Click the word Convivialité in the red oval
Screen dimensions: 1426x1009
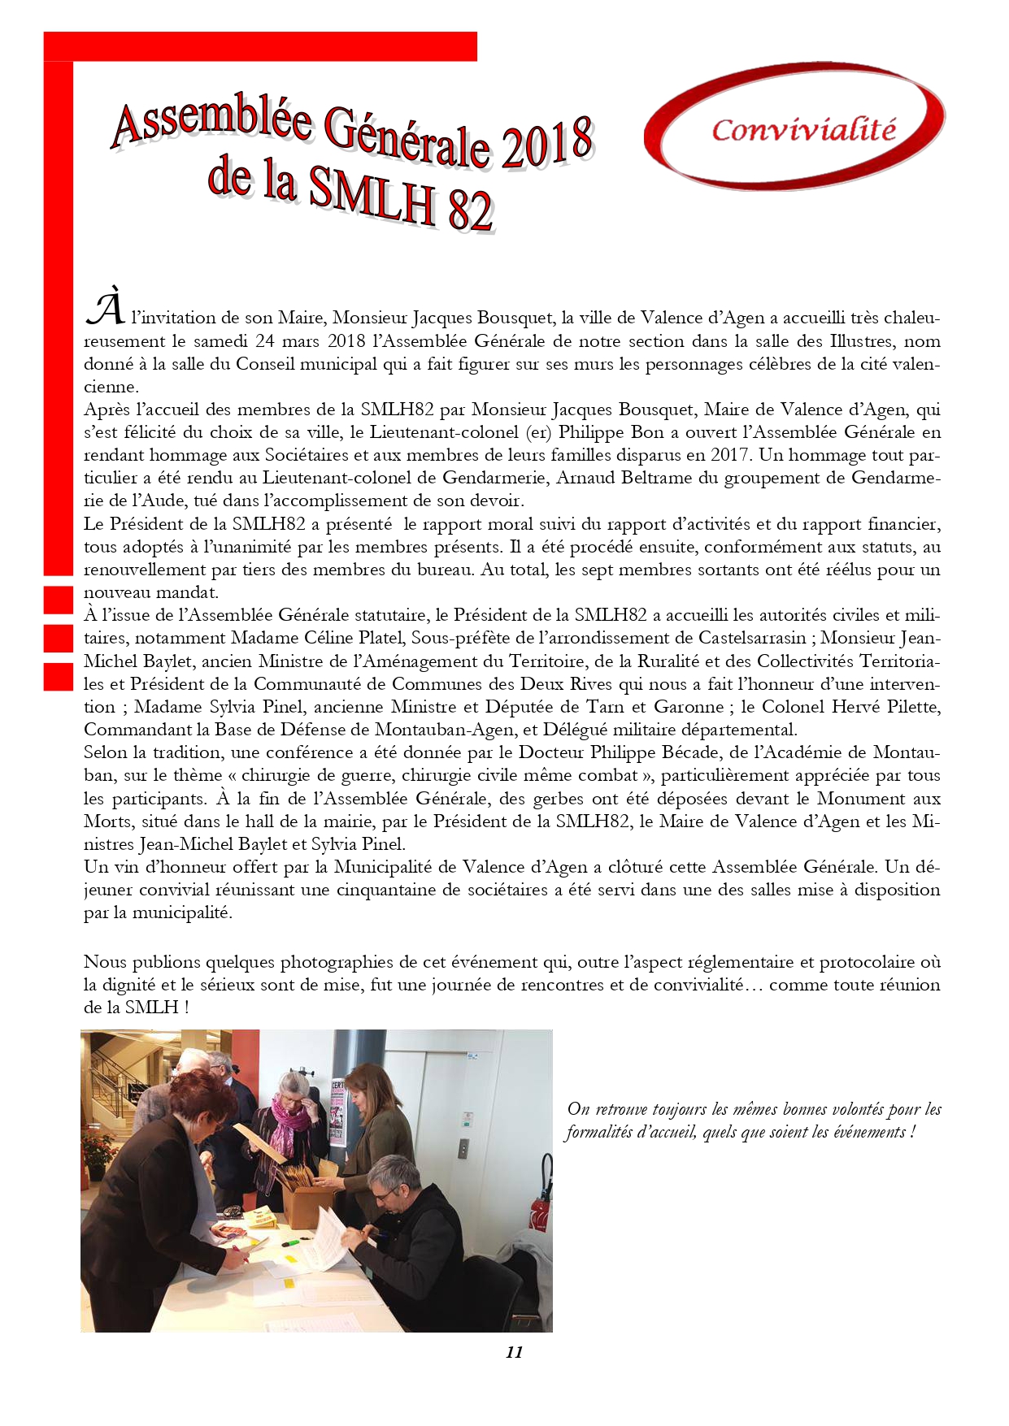(803, 130)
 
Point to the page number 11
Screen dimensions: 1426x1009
(514, 1352)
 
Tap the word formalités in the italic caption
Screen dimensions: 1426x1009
(599, 1133)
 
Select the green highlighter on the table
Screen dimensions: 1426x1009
(291, 1244)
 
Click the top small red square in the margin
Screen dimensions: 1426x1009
(59, 599)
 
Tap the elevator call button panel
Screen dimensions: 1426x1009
(463, 1148)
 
